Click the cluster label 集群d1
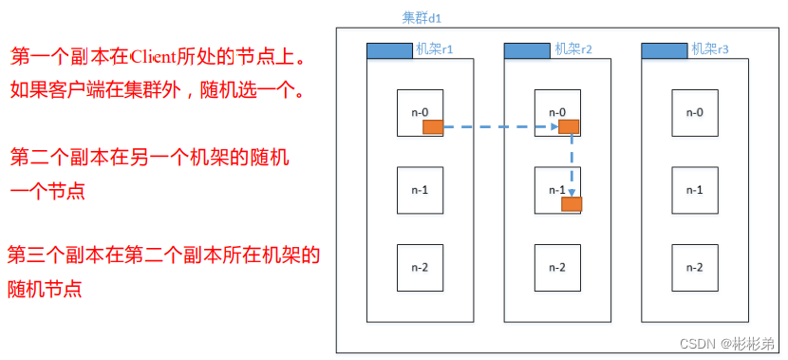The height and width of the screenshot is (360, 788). pos(422,18)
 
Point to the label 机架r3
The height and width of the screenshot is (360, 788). pos(709,49)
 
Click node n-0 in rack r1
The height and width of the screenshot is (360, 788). pos(419,112)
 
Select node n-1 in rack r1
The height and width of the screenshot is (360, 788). pos(419,189)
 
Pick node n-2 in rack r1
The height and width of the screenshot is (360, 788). pos(419,267)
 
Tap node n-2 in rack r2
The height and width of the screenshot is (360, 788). pos(557,267)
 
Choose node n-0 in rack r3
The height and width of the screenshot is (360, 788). pos(695,112)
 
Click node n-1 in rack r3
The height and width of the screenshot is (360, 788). pos(695,189)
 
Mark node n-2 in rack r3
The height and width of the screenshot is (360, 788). pos(695,267)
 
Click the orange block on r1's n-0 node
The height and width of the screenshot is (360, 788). pos(432,126)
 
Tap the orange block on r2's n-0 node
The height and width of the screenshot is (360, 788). pos(569,126)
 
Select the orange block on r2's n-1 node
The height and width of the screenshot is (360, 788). pos(572,203)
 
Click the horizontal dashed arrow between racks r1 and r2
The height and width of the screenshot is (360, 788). pos(498,126)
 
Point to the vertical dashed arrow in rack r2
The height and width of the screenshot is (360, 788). pos(572,161)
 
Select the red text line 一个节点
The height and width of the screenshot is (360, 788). pos(47,191)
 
